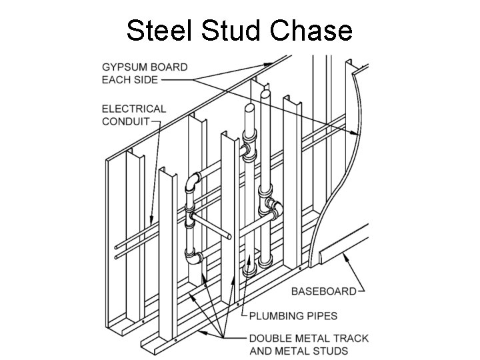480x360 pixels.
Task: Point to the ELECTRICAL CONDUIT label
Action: (x=133, y=115)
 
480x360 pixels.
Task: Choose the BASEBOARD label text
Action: (x=323, y=291)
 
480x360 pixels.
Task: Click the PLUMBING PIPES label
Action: (x=294, y=315)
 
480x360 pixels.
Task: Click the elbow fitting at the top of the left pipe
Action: (x=193, y=181)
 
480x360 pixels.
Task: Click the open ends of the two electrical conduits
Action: (x=117, y=251)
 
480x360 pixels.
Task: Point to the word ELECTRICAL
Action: (x=134, y=109)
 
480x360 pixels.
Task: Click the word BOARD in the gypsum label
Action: (x=169, y=67)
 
